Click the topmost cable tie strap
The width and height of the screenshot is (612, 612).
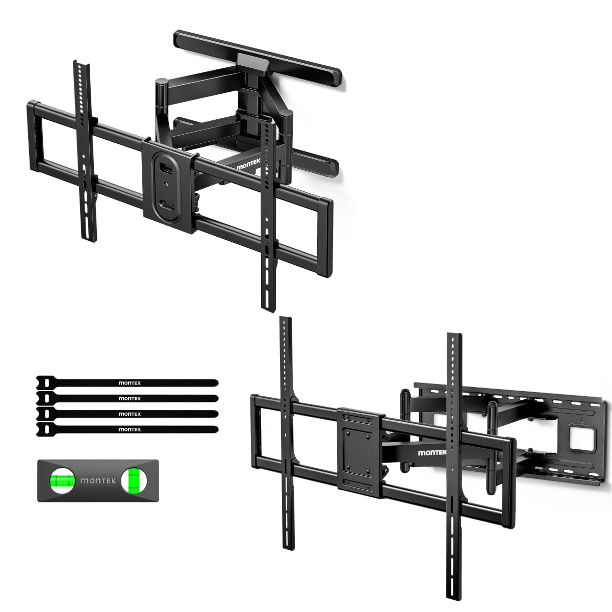click(x=127, y=382)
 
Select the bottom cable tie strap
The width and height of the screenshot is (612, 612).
click(x=127, y=429)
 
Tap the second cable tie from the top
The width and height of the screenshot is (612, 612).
click(x=127, y=398)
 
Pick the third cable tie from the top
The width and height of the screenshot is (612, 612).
click(x=127, y=414)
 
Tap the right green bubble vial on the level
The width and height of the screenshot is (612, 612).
click(x=134, y=480)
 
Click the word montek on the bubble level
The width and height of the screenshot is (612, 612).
click(x=96, y=480)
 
